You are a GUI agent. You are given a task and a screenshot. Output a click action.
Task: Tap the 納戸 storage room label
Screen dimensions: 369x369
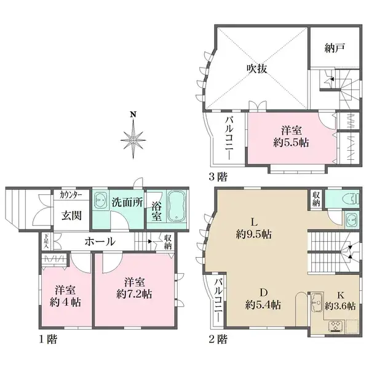[x=335, y=48]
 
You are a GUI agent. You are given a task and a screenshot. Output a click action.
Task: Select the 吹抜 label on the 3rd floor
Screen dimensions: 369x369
[x=256, y=69]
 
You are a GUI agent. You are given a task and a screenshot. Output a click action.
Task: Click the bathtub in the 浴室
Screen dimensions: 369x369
[x=178, y=205]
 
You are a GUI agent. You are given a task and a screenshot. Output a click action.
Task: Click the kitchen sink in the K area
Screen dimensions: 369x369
[x=315, y=301]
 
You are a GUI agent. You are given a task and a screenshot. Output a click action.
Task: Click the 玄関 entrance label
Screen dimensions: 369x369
[x=71, y=215]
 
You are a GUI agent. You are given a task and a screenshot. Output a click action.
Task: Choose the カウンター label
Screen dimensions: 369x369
[x=71, y=195]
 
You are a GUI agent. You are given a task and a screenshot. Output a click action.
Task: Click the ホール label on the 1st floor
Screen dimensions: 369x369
[x=100, y=242]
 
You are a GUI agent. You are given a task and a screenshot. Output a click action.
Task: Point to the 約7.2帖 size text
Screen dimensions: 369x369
[x=134, y=294]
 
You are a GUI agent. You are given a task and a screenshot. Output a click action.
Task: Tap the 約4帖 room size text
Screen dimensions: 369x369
[x=65, y=302]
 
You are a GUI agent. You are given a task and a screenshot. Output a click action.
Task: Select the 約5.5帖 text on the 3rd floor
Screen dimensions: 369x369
[x=291, y=143]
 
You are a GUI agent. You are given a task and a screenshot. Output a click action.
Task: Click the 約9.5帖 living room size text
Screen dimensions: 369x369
[x=253, y=234]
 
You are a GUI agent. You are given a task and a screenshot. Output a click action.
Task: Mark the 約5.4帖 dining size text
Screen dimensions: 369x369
[x=263, y=305]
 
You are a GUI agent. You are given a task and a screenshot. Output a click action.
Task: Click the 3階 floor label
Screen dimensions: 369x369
[x=218, y=177]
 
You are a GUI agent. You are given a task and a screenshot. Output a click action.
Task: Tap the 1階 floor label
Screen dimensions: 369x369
[x=48, y=339]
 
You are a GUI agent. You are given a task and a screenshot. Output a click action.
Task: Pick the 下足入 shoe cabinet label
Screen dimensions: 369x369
[x=46, y=242]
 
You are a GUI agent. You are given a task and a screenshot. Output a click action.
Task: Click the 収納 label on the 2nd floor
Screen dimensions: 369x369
[x=316, y=199]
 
